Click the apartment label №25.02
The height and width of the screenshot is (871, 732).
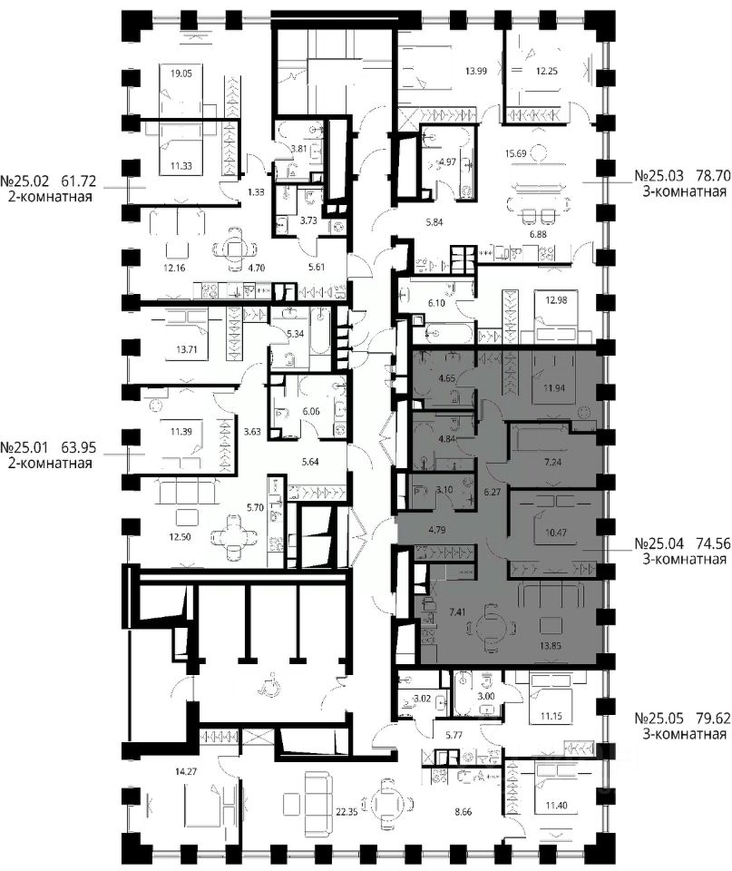tap(24, 181)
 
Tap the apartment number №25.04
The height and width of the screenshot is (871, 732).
tap(659, 543)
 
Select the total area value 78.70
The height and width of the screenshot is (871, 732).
tap(714, 177)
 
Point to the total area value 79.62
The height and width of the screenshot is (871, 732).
tap(714, 719)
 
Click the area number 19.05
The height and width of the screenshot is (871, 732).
tap(181, 73)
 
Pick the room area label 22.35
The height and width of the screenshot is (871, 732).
tap(346, 812)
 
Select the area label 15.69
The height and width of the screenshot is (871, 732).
tap(515, 154)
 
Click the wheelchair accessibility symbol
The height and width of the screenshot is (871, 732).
tap(264, 688)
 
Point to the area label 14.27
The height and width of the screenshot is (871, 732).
tap(185, 771)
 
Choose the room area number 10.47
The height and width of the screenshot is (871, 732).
tap(556, 533)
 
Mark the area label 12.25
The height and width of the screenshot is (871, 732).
tap(546, 71)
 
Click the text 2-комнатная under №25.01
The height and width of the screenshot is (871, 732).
tap(49, 464)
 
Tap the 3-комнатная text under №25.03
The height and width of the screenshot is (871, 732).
tap(684, 192)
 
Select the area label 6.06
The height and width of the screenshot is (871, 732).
tap(311, 412)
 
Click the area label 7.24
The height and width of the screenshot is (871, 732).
tap(552, 462)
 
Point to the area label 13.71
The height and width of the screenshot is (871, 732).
tap(187, 350)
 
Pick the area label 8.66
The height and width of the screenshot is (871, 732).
tap(464, 812)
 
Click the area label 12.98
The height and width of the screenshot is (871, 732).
tap(556, 300)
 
